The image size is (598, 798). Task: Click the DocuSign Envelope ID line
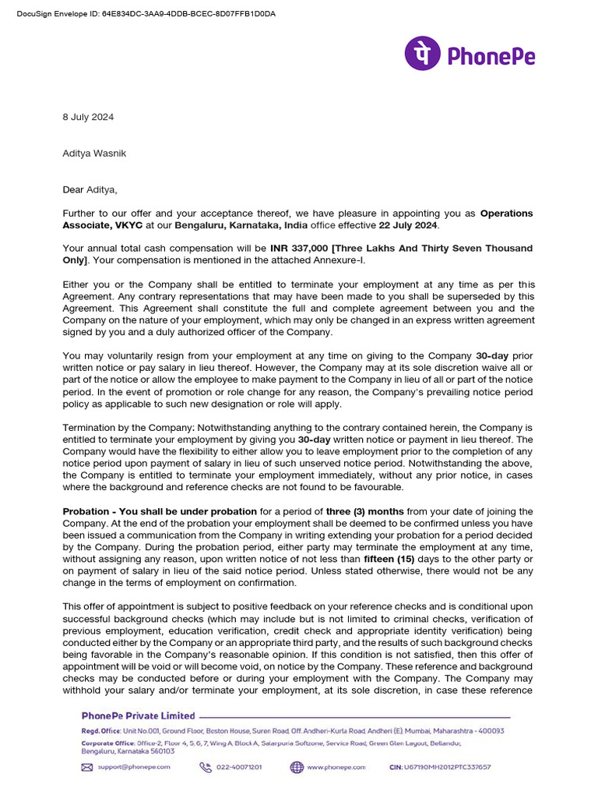click(x=146, y=14)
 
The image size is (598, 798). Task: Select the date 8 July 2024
click(x=88, y=117)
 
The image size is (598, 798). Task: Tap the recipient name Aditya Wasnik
click(x=94, y=153)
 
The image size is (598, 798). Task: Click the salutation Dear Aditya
click(x=90, y=189)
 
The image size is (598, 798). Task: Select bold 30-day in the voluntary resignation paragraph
click(x=492, y=356)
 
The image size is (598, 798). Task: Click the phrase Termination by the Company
click(x=127, y=427)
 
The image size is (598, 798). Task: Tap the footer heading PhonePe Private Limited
click(x=139, y=715)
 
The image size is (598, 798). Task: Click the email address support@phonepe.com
click(x=134, y=767)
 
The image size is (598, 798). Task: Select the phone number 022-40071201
click(x=238, y=767)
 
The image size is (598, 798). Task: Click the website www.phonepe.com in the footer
click(x=336, y=767)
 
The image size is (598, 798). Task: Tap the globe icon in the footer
click(x=297, y=767)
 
